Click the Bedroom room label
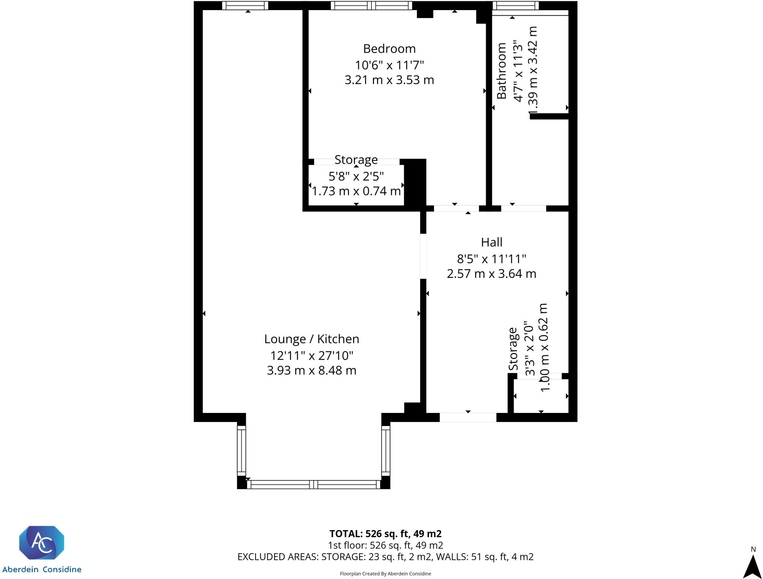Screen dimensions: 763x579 389,49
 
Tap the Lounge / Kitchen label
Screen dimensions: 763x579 312,339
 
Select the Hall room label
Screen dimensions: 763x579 491,242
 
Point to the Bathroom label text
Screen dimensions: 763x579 501,71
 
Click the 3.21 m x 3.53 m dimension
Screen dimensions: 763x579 389,80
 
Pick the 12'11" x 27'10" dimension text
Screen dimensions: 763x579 312,356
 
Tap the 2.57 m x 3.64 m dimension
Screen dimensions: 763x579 491,274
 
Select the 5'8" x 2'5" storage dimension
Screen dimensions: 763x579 356,176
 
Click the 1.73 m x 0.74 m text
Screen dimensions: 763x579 356,191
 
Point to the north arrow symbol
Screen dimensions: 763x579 753,566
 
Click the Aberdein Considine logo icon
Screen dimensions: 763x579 42,542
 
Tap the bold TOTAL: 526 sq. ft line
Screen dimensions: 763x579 386,533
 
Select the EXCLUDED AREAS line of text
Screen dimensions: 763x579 386,557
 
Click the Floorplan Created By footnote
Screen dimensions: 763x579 386,574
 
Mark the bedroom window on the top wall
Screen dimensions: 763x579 371,6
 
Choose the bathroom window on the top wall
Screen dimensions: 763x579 515,6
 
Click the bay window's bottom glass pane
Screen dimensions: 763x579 313,485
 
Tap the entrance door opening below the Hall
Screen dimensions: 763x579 468,417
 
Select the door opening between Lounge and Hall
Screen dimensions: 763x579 423,256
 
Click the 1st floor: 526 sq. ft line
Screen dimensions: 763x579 386,545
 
